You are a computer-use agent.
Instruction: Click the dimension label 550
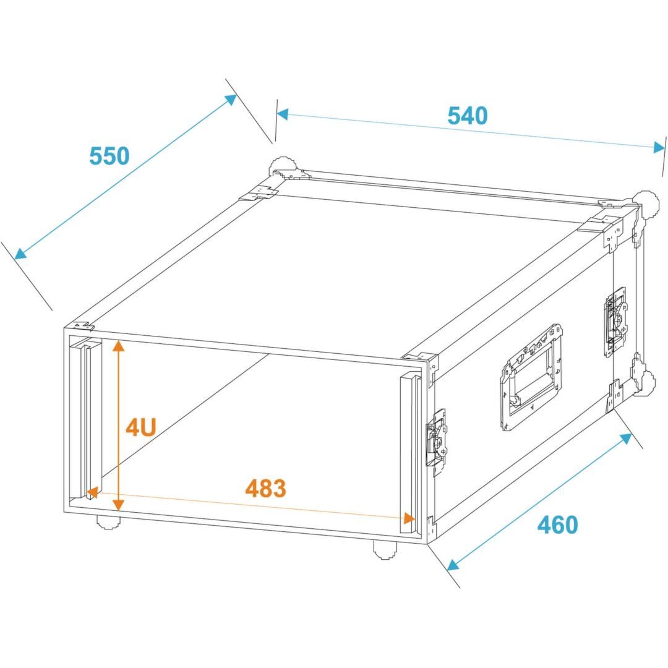[x=109, y=156]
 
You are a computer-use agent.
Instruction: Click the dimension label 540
[x=468, y=116]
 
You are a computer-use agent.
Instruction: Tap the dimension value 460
[x=558, y=525]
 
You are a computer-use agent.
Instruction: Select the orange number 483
[x=265, y=489]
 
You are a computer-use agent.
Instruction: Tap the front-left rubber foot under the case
[x=108, y=521]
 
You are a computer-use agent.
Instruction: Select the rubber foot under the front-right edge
[x=385, y=550]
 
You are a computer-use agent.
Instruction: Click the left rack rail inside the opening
[x=85, y=417]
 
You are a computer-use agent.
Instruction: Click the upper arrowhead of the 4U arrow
[x=118, y=346]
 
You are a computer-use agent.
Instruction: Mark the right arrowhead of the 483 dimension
[x=409, y=518]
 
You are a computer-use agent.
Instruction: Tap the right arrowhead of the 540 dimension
[x=659, y=147]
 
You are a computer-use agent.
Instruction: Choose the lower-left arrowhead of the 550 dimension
[x=20, y=254]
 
